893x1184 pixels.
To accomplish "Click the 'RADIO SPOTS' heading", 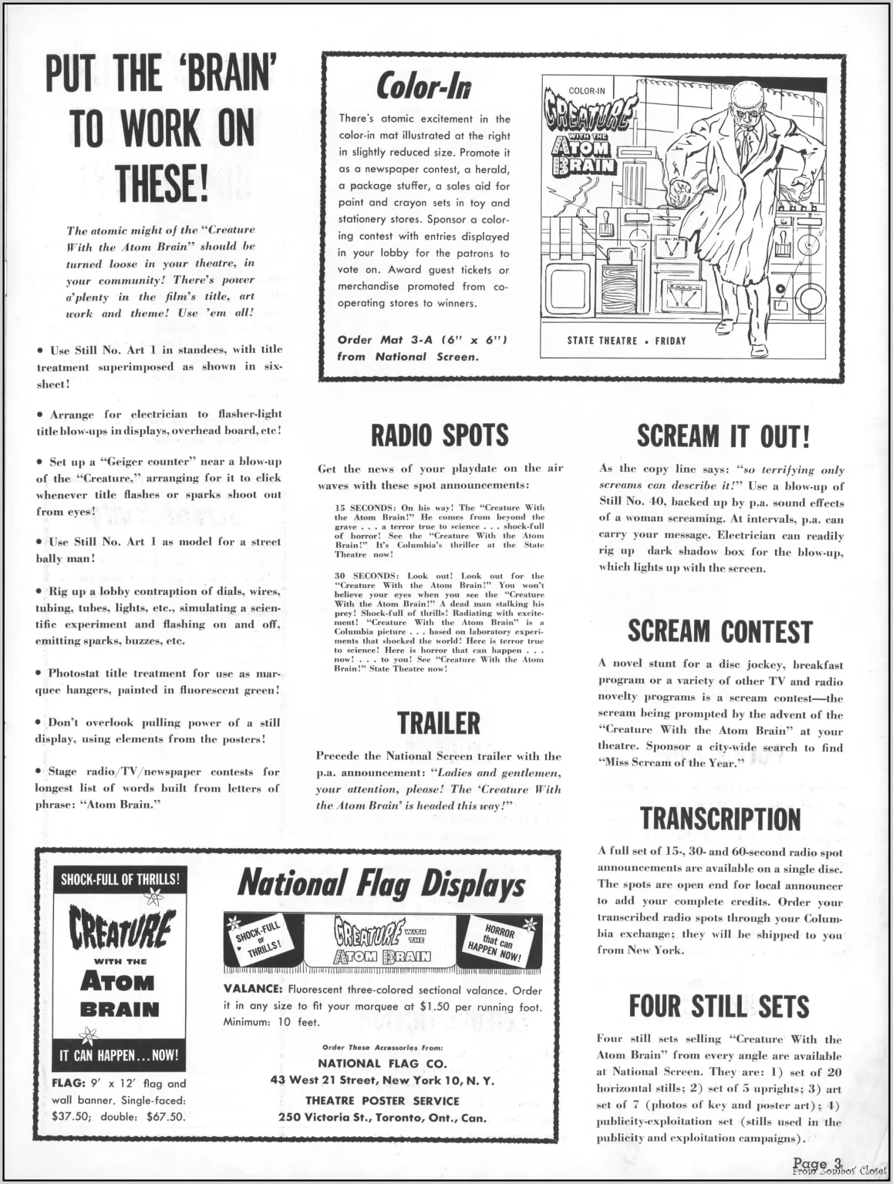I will pos(440,435).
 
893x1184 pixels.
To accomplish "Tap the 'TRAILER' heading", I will pos(439,723).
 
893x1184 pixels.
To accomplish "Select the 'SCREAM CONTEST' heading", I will pos(719,632).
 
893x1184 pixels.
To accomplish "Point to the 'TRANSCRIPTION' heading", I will pos(720,819).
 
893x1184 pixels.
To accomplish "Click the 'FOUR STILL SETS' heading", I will pos(719,1007).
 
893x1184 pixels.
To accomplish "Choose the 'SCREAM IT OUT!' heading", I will pos(723,436).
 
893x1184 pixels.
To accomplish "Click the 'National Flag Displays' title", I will pos(382,885).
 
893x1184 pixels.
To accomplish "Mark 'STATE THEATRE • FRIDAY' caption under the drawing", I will pos(626,341).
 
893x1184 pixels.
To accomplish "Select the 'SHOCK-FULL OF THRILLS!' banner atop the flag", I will pos(120,878).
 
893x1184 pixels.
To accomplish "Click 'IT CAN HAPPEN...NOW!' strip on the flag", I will pos(120,1055).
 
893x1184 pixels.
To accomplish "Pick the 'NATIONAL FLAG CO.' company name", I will pos(382,1064).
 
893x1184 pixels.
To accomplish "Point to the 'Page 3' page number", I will pos(815,1163).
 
